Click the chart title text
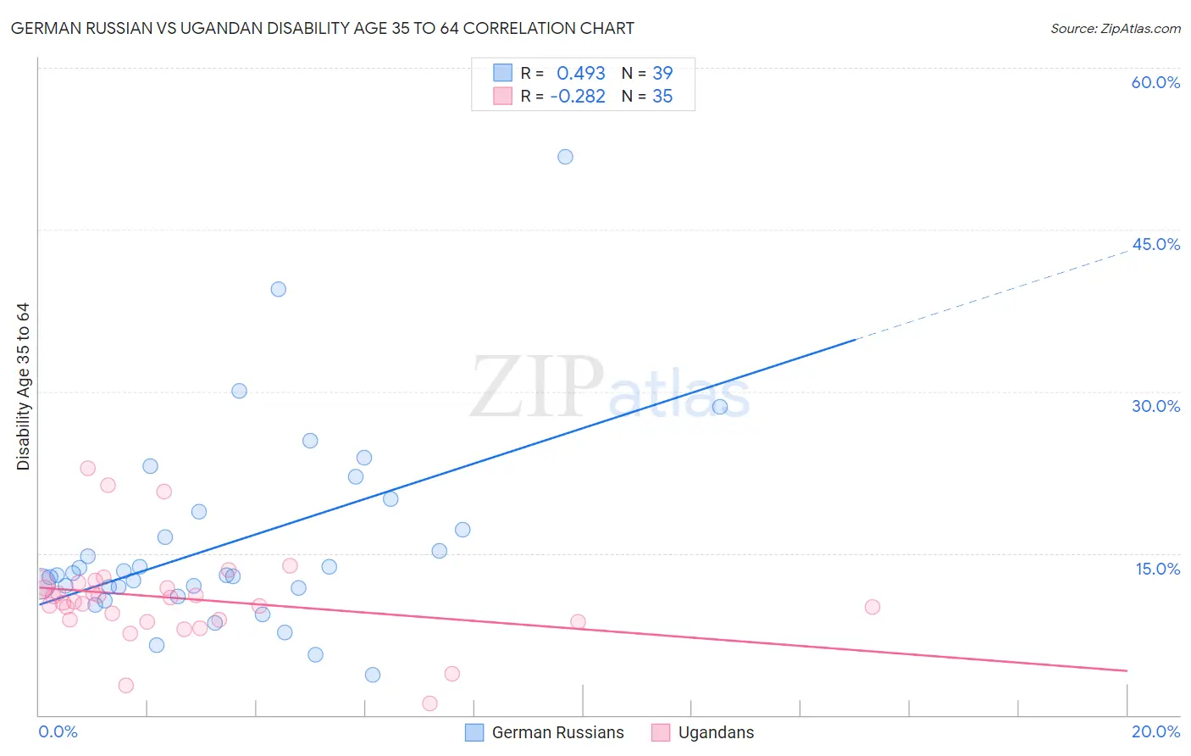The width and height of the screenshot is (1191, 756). pyautogui.click(x=322, y=29)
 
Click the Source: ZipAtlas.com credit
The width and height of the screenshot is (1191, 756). pyautogui.click(x=1115, y=29)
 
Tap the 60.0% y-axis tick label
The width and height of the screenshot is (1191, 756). pyautogui.click(x=1155, y=83)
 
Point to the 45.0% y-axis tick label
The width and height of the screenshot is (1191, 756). pyautogui.click(x=1155, y=245)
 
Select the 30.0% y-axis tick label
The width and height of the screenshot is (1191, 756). pyautogui.click(x=1155, y=407)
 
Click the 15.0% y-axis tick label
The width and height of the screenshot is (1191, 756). pyautogui.click(x=1157, y=570)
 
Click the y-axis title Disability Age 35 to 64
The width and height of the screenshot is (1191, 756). pyautogui.click(x=23, y=386)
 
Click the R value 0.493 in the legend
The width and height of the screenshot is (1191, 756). pyautogui.click(x=580, y=74)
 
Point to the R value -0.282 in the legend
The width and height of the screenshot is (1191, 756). pyautogui.click(x=578, y=97)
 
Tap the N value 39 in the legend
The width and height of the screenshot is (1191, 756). pyautogui.click(x=662, y=74)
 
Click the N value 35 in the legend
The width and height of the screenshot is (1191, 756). pyautogui.click(x=662, y=97)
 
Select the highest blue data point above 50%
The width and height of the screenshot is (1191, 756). pyautogui.click(x=565, y=157)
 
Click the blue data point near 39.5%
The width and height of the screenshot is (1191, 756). pyautogui.click(x=278, y=289)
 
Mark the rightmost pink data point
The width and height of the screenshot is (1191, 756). pyautogui.click(x=872, y=607)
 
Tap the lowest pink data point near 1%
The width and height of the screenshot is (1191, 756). pyautogui.click(x=429, y=703)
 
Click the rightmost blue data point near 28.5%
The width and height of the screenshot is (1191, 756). pyautogui.click(x=720, y=407)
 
